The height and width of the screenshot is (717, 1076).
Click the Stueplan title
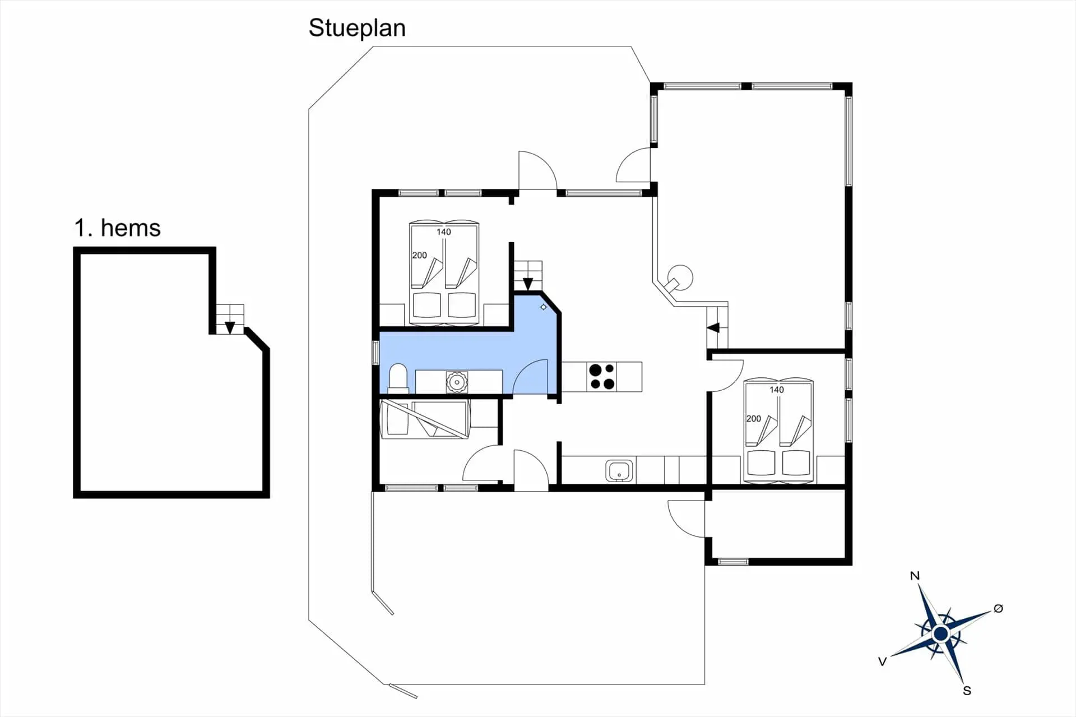(x=357, y=28)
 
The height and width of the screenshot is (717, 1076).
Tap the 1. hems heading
(x=117, y=228)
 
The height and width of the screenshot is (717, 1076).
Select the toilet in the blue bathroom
(x=398, y=377)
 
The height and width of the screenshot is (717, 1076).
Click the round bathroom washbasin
(x=457, y=382)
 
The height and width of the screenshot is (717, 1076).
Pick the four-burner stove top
(x=602, y=377)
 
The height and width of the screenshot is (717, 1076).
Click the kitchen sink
(x=619, y=471)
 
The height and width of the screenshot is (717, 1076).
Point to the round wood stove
(x=679, y=279)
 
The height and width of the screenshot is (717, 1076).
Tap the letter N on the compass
(x=915, y=576)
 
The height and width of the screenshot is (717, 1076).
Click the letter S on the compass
(x=967, y=691)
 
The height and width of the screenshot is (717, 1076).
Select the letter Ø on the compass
(x=998, y=608)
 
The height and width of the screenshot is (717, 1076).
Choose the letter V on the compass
(x=882, y=662)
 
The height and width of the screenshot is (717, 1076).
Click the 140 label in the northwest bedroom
(x=444, y=232)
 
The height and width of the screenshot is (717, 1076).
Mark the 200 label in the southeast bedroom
(x=754, y=419)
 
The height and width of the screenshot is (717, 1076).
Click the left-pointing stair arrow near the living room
(x=713, y=327)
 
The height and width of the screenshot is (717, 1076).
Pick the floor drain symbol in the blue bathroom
(x=543, y=307)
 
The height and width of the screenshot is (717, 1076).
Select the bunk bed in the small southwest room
(x=425, y=419)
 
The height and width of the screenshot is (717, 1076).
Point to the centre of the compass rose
(x=941, y=634)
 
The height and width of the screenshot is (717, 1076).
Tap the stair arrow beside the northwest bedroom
(x=528, y=284)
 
